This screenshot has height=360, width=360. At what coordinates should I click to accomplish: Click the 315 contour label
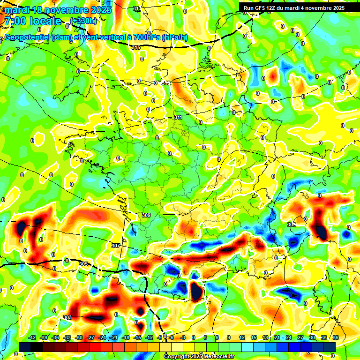point(136,47)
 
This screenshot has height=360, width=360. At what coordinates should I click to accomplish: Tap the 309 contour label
point(146,215)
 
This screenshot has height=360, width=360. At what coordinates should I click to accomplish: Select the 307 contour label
point(116,246)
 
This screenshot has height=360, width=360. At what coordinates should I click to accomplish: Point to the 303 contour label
point(67,318)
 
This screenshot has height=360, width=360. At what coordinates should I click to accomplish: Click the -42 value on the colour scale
point(32,337)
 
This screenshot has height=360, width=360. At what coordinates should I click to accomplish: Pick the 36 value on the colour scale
point(335,337)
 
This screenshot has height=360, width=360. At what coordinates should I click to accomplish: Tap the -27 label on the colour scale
point(91,337)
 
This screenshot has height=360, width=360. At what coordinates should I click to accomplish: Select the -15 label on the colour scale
point(138,337)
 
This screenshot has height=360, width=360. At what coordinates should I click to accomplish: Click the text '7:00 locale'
point(33,21)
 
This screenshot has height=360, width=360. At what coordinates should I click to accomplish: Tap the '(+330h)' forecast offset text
point(83,21)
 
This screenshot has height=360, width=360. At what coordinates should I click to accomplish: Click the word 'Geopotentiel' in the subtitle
point(28,37)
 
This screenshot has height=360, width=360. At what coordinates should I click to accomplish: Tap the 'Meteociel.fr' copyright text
point(216,356)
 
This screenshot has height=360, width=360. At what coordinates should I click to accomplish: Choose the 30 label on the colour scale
point(312,337)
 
